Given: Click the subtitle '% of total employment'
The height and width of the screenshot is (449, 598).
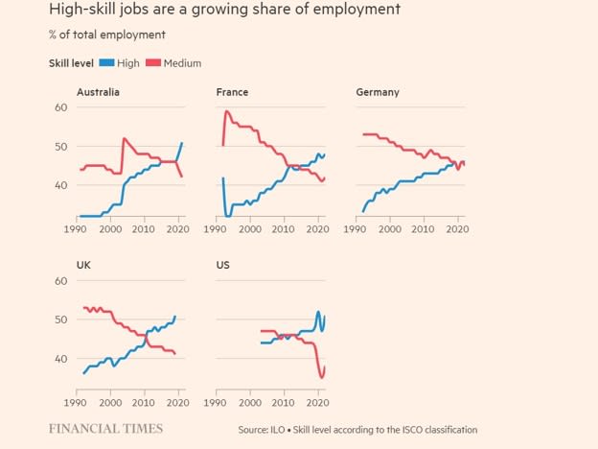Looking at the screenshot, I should click(106, 35).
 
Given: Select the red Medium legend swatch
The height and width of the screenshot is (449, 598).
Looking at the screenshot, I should click(155, 63).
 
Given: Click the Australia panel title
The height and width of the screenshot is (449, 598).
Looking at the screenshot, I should click(98, 92).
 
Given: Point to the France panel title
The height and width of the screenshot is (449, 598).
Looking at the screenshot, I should click(233, 92).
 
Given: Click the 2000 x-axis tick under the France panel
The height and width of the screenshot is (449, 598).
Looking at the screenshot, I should click(250, 230).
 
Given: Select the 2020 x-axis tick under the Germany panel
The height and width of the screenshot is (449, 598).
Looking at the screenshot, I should click(457, 230).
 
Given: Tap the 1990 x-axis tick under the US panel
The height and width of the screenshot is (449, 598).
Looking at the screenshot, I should click(218, 403).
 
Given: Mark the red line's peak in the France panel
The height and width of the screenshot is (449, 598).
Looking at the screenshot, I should click(227, 111).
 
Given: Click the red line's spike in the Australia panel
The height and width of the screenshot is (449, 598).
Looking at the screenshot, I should click(124, 139).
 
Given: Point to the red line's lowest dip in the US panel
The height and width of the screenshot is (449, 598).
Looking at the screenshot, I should click(321, 377).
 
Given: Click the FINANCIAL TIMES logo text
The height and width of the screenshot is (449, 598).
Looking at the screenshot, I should click(105, 429).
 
